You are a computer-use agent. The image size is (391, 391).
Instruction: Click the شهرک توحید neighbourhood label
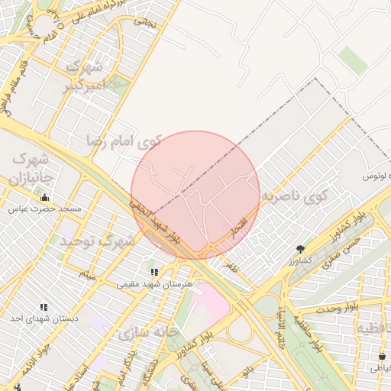(98, 241)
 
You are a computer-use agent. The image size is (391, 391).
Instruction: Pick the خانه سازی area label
(148, 333)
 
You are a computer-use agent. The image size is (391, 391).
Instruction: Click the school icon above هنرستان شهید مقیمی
(154, 271)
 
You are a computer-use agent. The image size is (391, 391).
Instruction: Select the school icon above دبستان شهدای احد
(43, 307)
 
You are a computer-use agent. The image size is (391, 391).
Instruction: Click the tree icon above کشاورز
(300, 249)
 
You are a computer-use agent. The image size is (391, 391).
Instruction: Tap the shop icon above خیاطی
(382, 356)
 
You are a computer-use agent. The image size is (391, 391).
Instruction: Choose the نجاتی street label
(145, 23)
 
